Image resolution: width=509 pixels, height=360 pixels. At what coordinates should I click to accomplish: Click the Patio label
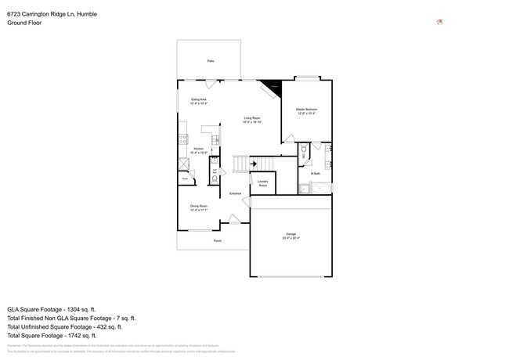(211, 60)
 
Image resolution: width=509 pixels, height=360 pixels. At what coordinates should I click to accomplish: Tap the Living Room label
(251, 118)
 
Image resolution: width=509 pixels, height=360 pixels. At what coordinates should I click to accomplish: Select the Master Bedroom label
(307, 110)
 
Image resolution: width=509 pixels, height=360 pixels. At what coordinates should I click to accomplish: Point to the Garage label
(291, 235)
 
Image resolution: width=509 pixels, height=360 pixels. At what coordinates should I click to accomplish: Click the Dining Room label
(199, 206)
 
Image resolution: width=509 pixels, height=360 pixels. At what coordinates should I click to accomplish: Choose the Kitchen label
(199, 149)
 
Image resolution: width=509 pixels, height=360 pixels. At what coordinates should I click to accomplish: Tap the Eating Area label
(199, 99)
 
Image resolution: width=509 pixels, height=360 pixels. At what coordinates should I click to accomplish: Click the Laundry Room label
(263, 184)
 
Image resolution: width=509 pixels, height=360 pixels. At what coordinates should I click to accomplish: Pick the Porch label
(218, 241)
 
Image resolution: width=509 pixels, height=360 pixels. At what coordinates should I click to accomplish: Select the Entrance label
(235, 193)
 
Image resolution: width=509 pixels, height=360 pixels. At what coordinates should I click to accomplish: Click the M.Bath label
(316, 173)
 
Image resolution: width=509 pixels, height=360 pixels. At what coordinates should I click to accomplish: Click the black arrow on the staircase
(252, 164)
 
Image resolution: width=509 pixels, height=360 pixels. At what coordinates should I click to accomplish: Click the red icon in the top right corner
(439, 22)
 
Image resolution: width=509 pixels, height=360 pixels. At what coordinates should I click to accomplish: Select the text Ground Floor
(24, 23)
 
